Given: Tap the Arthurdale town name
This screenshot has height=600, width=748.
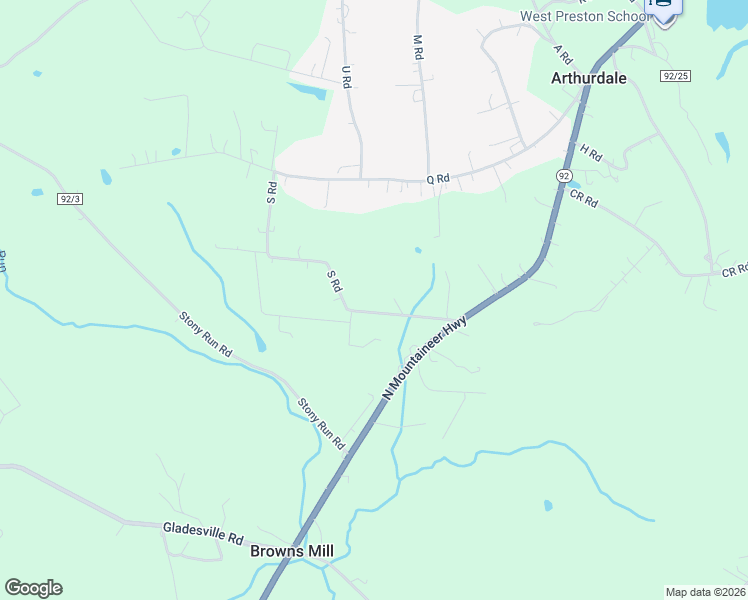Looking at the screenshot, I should click(x=589, y=77).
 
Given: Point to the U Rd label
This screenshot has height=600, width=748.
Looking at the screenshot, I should click(x=346, y=77).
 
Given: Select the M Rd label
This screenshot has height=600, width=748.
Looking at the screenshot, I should click(x=418, y=47).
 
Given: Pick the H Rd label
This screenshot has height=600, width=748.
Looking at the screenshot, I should click(x=591, y=153).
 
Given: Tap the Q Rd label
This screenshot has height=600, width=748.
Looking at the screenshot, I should click(x=438, y=179).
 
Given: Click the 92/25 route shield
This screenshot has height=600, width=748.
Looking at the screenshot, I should click(x=676, y=76).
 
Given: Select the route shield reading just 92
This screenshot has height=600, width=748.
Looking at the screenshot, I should click(x=565, y=175).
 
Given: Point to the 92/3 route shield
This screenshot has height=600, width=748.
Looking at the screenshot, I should click(x=70, y=199).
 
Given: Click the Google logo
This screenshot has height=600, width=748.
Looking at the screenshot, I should click(x=33, y=588).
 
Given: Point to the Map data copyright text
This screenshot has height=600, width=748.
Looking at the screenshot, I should click(x=706, y=592).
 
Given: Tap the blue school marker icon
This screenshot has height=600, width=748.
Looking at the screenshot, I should click(x=665, y=6).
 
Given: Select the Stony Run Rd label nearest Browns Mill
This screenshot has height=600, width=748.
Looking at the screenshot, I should click(x=321, y=423).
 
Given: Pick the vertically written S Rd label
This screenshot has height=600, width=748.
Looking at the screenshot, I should click(x=270, y=192).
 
